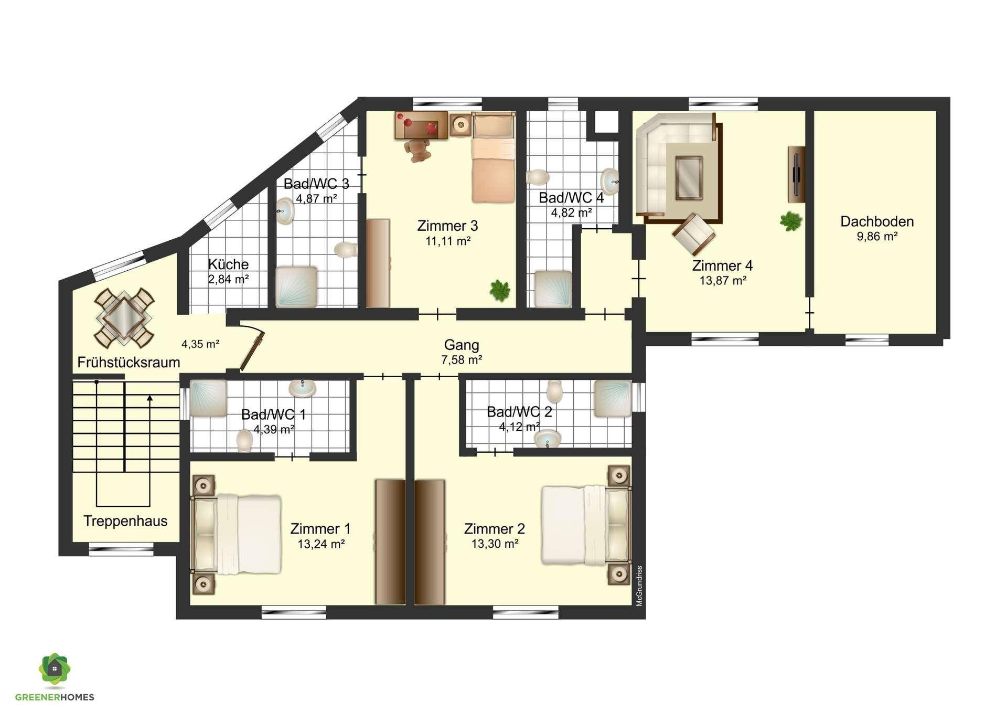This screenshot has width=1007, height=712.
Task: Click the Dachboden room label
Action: [877, 221]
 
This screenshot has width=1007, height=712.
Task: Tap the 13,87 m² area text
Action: [723, 281]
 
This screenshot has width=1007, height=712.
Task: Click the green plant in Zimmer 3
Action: [500, 290]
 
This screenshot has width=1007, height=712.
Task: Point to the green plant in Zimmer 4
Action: [790, 221]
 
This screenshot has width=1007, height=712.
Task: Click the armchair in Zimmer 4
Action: [693, 234]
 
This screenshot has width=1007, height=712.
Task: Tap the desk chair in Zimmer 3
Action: [418, 151]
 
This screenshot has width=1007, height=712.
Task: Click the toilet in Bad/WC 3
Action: [345, 250]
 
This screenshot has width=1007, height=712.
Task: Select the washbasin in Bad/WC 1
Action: [303, 388]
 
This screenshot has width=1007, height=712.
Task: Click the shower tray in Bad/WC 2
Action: [613, 399]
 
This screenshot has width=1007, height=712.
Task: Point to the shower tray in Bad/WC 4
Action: [553, 289]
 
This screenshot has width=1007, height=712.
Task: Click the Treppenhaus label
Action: [125, 521]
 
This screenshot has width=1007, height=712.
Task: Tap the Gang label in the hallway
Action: [462, 345]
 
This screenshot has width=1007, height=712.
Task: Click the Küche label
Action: [228, 264]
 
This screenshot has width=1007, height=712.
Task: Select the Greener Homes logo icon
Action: [55, 670]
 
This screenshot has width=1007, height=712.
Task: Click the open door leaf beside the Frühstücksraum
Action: [252, 350]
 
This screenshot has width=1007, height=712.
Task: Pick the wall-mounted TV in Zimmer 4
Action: [796, 174]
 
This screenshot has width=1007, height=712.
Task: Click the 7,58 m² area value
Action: [462, 360]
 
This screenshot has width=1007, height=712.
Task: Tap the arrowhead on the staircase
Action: [150, 398]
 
